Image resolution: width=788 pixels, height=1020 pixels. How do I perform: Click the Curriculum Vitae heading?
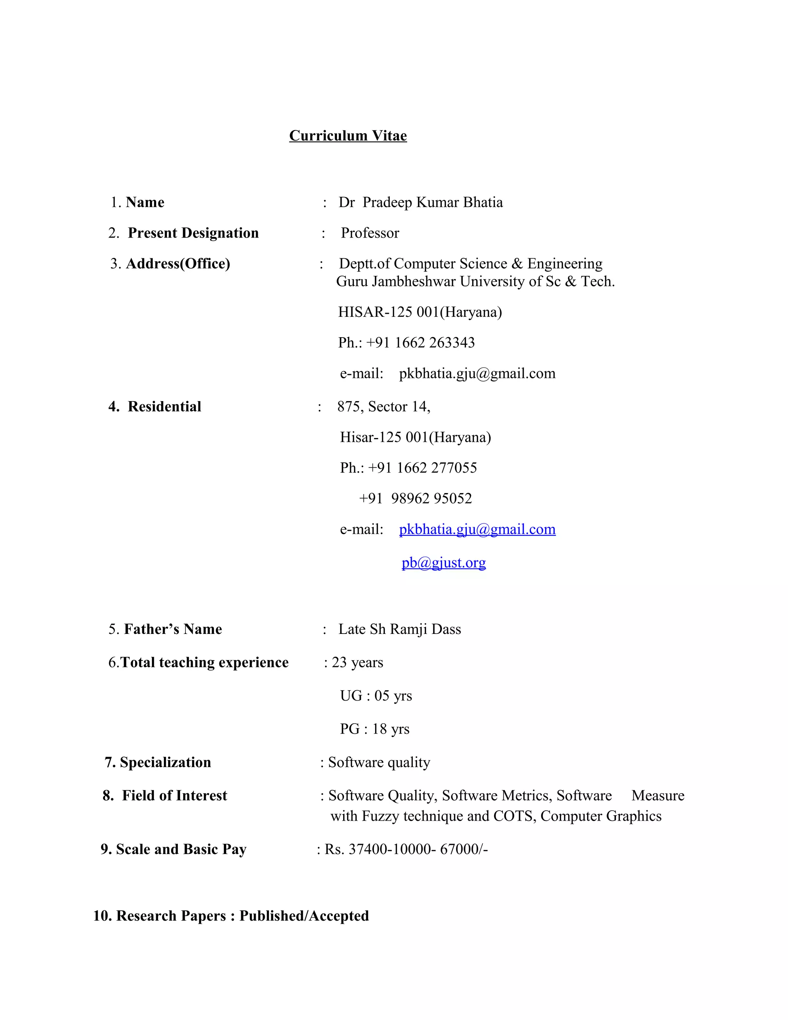[348, 135]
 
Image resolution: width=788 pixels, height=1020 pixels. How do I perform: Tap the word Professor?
[370, 232]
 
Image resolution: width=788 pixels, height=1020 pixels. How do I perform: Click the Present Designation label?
[193, 232]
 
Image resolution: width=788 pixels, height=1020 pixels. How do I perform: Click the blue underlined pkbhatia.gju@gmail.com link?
[477, 529]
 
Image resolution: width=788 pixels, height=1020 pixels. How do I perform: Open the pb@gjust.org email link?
[444, 562]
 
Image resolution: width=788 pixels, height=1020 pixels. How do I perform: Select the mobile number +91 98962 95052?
[416, 498]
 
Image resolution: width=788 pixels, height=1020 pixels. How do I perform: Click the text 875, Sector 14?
[383, 406]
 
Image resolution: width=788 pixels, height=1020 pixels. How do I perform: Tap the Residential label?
[164, 406]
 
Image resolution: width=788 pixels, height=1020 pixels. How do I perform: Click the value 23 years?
[357, 662]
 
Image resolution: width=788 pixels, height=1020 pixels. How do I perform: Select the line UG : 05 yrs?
[376, 696]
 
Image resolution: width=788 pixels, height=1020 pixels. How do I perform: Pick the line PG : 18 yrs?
[374, 729]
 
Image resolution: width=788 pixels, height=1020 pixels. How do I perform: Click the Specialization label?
[165, 762]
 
